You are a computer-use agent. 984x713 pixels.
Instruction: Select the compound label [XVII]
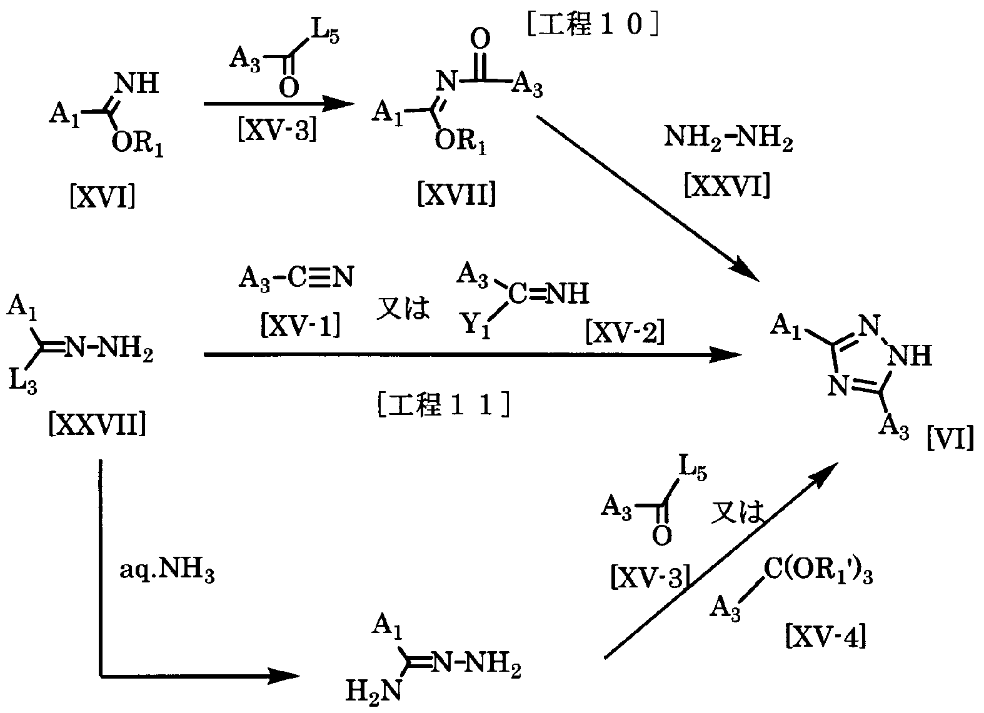point(456,195)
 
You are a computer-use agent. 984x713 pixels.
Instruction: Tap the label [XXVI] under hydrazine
point(727,186)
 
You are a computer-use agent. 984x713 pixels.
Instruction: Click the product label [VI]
point(950,440)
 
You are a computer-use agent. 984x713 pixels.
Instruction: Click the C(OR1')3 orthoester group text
point(817,574)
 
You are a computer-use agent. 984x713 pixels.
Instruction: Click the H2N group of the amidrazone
point(374,692)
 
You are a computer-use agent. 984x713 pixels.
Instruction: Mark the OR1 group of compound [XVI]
point(138,145)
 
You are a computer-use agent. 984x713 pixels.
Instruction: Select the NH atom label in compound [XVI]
point(138,83)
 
